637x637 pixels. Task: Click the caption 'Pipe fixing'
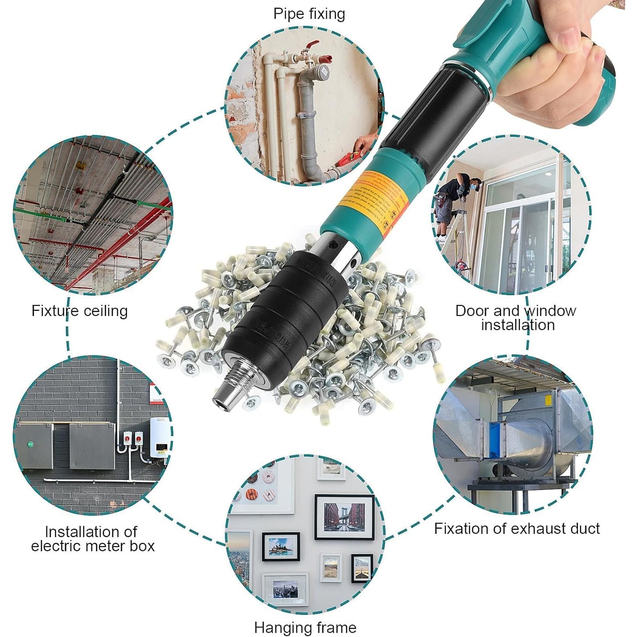pyautogui.click(x=309, y=14)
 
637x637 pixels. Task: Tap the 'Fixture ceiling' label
pyautogui.click(x=79, y=311)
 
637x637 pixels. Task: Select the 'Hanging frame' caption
pyautogui.click(x=305, y=627)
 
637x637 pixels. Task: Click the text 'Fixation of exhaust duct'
pyautogui.click(x=516, y=529)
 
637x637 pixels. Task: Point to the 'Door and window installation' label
pyautogui.click(x=516, y=318)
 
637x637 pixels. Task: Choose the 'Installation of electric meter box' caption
pyautogui.click(x=92, y=539)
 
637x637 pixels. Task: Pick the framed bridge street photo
pyautogui.click(x=344, y=517)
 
